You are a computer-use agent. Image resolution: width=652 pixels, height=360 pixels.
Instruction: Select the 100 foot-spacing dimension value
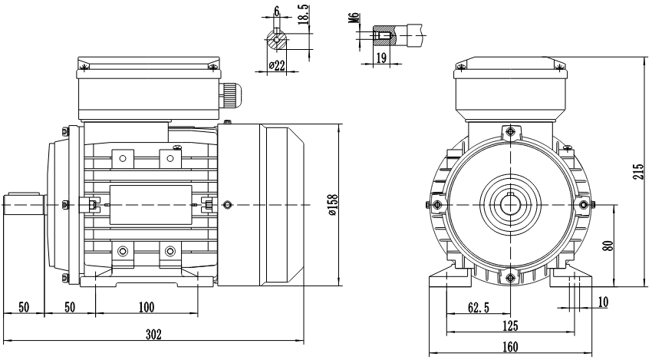point(147,307)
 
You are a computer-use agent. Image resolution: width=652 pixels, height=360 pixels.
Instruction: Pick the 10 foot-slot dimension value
point(603,302)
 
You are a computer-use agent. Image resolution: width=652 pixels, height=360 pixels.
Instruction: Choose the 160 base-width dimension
point(509,346)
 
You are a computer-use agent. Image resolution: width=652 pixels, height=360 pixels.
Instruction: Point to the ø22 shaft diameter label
point(276,67)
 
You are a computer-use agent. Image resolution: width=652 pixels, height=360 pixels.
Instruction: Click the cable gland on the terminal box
point(230,97)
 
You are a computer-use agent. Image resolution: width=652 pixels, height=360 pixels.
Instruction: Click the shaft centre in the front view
point(510,204)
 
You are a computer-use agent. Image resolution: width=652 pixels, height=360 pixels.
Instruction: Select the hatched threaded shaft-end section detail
point(383,35)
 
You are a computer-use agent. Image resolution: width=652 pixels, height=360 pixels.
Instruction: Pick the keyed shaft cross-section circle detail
point(276,41)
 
